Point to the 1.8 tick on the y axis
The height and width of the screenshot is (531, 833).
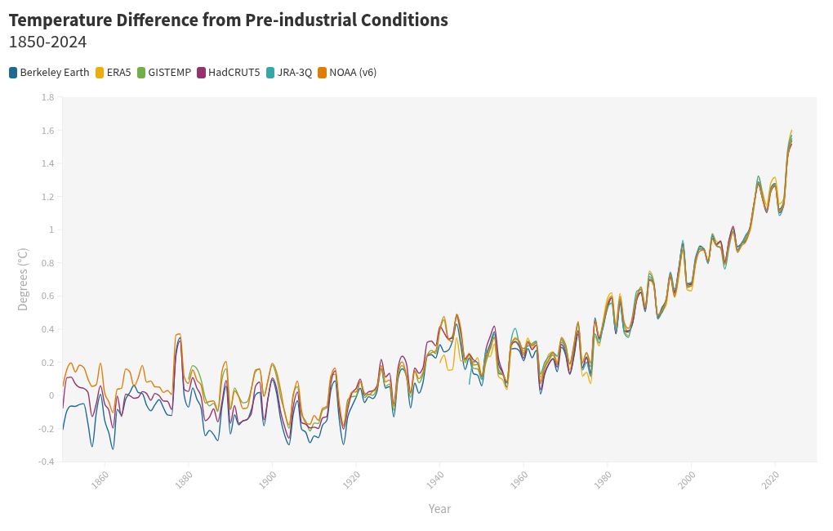[47, 97]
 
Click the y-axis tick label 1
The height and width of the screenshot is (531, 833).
[51, 230]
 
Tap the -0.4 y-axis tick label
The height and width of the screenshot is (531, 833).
[46, 462]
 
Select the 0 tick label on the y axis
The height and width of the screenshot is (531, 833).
[51, 395]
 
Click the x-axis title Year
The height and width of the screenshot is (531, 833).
[439, 509]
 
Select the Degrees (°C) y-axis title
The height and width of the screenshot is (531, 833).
[23, 279]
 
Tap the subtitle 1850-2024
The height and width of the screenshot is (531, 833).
[47, 42]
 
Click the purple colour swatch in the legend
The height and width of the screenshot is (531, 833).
[202, 73]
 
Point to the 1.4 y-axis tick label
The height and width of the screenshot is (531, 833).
[47, 163]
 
